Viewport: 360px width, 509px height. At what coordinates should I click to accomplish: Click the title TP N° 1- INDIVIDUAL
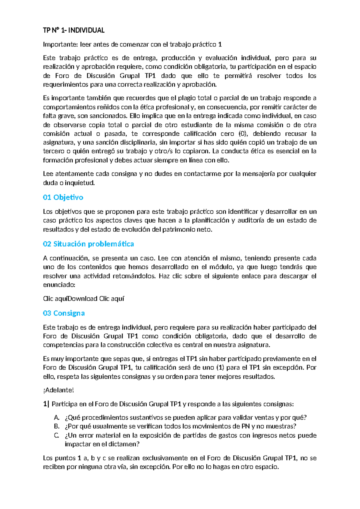click(x=73, y=30)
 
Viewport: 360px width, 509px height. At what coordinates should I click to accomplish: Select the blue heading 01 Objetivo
click(x=63, y=197)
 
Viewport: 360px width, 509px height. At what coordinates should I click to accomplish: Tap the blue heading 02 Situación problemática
click(x=88, y=244)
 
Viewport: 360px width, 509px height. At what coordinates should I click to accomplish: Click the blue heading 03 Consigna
click(x=64, y=313)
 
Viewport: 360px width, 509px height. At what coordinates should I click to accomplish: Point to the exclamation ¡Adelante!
click(x=58, y=390)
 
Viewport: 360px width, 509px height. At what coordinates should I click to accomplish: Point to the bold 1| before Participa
click(x=46, y=404)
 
